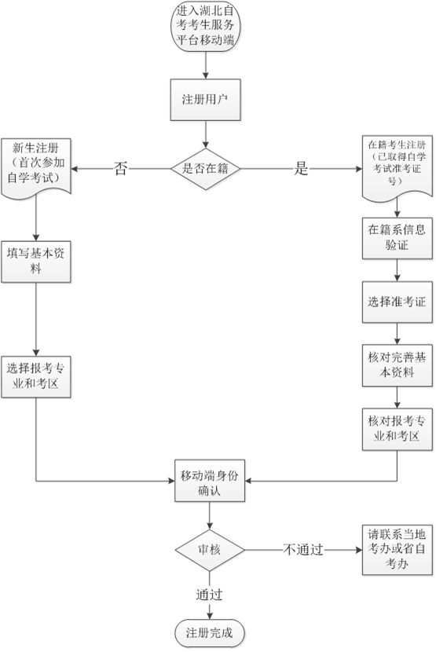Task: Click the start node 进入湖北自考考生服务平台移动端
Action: tap(207, 28)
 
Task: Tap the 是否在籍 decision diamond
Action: tap(207, 168)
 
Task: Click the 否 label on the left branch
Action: tap(121, 168)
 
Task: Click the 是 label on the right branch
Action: tap(301, 168)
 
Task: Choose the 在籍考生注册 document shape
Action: tap(396, 165)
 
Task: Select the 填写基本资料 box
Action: tap(37, 261)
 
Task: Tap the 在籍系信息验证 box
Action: tap(397, 239)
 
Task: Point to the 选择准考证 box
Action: tap(397, 302)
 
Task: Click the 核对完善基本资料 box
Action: tap(397, 364)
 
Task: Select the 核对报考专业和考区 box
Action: tap(397, 429)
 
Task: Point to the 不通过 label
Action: tap(303, 549)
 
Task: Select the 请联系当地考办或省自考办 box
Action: tap(397, 549)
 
